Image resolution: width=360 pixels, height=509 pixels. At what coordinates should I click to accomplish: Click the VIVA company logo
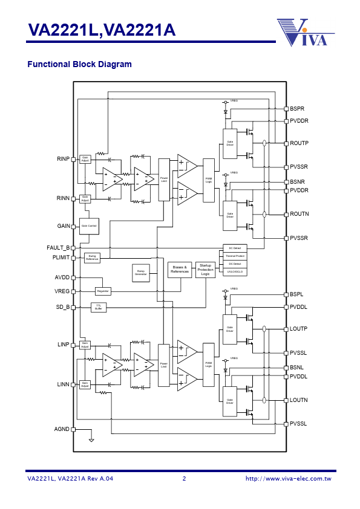pyautogui.click(x=306, y=32)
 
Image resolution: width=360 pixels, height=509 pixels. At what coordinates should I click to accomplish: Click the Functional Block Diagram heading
pyautogui.click(x=79, y=64)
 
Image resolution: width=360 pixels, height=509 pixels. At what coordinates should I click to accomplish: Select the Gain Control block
pyautogui.click(x=89, y=226)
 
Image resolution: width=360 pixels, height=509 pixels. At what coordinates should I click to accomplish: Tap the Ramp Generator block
pyautogui.click(x=141, y=273)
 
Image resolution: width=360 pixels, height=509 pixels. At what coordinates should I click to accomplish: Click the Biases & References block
pyautogui.click(x=180, y=270)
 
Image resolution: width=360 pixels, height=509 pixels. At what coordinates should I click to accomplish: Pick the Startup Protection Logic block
pyautogui.click(x=205, y=270)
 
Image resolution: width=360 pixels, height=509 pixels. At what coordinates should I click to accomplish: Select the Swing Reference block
pyautogui.click(x=92, y=258)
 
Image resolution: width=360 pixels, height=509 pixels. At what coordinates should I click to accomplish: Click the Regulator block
pyautogui.click(x=103, y=291)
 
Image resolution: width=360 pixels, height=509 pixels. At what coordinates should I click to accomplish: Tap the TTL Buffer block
pyautogui.click(x=98, y=307)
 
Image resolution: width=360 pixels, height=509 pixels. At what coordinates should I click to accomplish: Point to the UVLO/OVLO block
pyautogui.click(x=235, y=272)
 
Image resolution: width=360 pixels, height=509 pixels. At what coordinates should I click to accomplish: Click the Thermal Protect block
pyautogui.click(x=235, y=256)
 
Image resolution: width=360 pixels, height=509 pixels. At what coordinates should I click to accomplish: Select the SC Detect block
pyautogui.click(x=235, y=248)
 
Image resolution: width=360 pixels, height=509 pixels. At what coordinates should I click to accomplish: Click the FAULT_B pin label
pyautogui.click(x=58, y=248)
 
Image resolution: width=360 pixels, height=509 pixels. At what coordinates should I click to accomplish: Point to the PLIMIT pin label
pyautogui.click(x=61, y=258)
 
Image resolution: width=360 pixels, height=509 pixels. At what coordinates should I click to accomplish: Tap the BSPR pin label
pyautogui.click(x=297, y=109)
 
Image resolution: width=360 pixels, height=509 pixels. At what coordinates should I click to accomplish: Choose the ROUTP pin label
pyautogui.click(x=299, y=143)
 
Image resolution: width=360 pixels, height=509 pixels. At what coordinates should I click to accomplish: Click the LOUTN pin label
pyautogui.click(x=299, y=400)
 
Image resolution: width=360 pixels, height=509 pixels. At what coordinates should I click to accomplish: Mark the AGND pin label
pyautogui.click(x=62, y=429)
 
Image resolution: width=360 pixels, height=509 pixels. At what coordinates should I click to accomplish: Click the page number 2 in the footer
pyautogui.click(x=184, y=479)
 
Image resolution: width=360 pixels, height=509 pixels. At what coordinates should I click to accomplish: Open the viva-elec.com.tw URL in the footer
pyautogui.click(x=288, y=479)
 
